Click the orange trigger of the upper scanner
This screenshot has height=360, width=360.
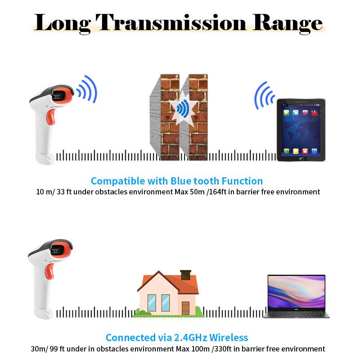click(51, 117)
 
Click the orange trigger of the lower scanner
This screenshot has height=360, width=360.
click(50, 271)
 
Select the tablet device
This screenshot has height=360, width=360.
click(301, 130)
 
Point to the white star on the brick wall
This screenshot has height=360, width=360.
click(183, 109)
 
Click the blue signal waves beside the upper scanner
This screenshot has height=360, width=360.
click(87, 89)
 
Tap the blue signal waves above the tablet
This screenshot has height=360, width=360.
click(264, 95)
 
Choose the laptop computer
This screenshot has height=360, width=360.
click(297, 296)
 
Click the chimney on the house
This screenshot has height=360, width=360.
click(185, 275)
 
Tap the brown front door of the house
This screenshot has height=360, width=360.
click(185, 308)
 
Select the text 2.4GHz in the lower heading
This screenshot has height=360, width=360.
click(190, 338)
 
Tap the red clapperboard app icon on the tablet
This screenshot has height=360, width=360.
click(314, 112)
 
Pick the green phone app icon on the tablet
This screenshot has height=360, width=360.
click(286, 151)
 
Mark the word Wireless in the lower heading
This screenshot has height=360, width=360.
click(229, 338)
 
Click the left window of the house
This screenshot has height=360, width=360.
click(152, 303)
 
